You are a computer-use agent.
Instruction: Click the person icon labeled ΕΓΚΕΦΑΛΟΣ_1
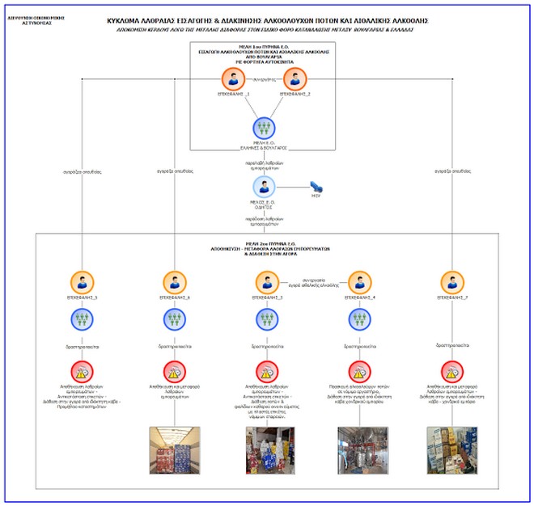(233, 78)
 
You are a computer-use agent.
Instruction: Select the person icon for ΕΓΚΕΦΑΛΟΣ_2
(295, 78)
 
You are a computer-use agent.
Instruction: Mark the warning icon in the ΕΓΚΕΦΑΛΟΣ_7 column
(451, 371)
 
